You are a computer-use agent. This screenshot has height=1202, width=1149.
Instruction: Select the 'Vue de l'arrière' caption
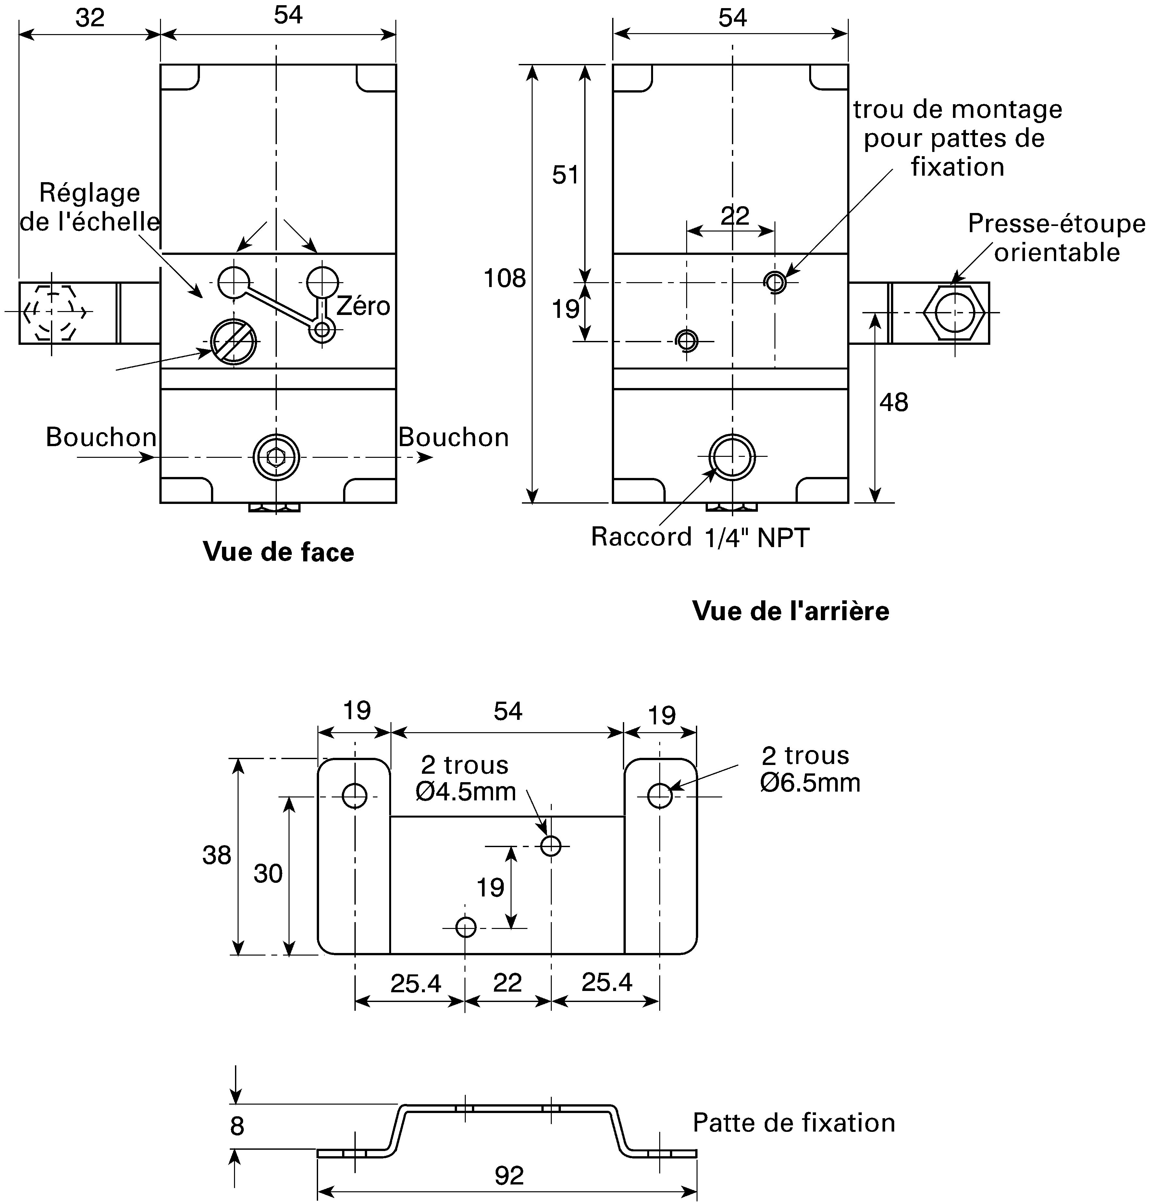point(791,611)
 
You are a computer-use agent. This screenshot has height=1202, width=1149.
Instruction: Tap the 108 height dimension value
point(505,279)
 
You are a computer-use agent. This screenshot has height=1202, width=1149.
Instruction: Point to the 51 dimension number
point(565,175)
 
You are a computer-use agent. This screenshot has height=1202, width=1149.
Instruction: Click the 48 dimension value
point(894,403)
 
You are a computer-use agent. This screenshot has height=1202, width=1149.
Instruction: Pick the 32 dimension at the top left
point(90,18)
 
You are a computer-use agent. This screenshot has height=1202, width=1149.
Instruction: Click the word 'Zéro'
point(363,306)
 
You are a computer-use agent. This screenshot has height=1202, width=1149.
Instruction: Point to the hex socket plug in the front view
point(276,457)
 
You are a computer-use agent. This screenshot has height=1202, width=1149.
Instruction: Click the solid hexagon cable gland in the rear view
point(955,312)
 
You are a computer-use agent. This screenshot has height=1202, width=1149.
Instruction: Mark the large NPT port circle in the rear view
point(732,457)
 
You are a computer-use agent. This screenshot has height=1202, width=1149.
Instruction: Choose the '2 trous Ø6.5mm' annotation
point(810,770)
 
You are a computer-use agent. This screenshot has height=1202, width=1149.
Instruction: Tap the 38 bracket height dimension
point(217,855)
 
